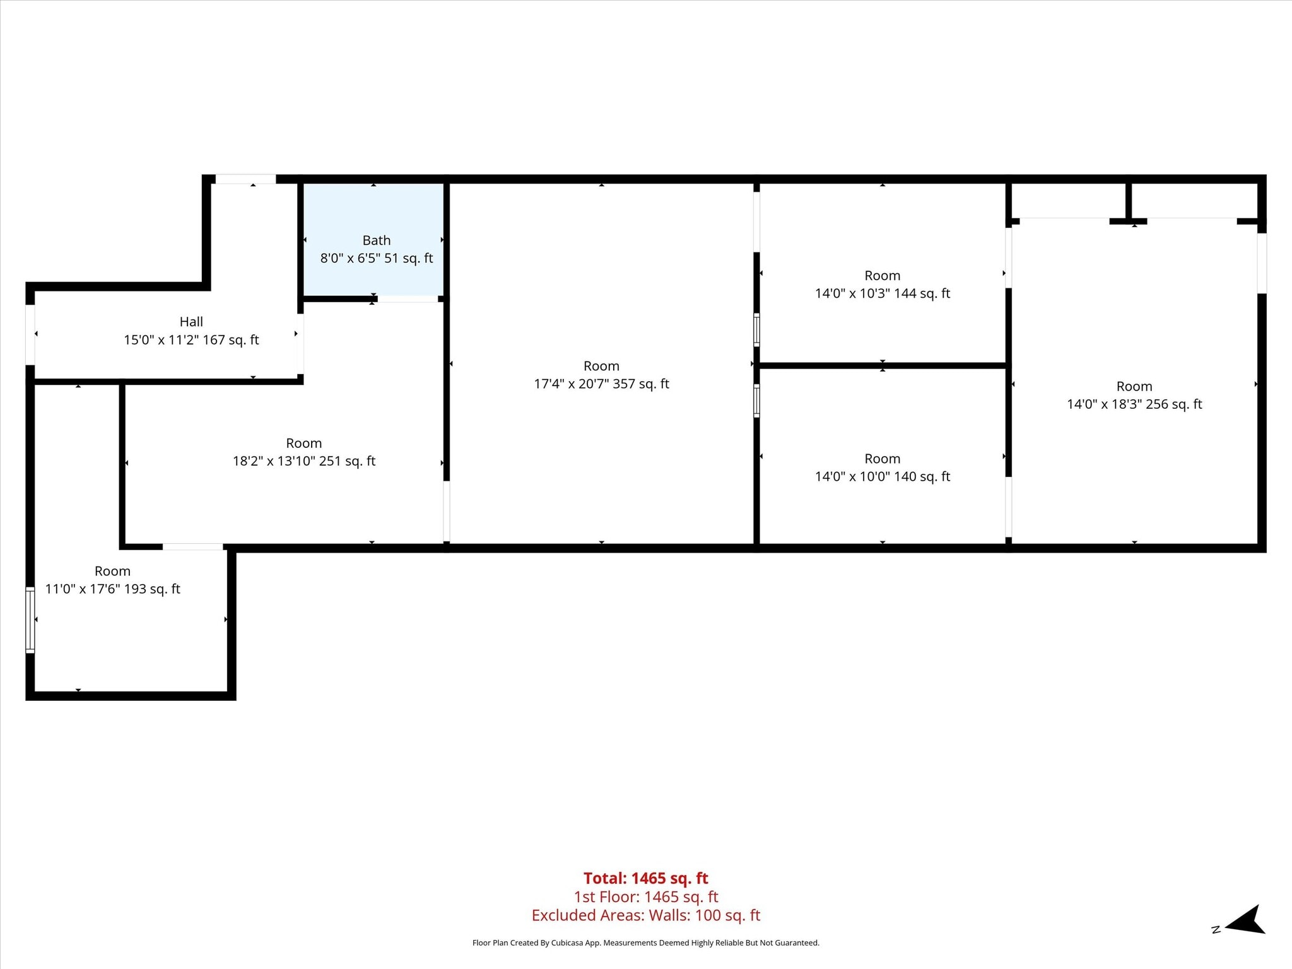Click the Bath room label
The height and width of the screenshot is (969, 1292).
click(x=377, y=240)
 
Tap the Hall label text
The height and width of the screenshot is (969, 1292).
click(x=191, y=322)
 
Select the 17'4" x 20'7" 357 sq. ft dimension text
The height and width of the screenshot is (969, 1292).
click(x=601, y=384)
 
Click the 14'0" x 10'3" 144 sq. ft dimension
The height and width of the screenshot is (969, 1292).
click(x=883, y=293)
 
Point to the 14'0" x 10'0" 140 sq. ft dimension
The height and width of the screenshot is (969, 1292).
click(x=883, y=476)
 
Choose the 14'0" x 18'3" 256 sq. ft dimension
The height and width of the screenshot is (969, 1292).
click(x=1134, y=404)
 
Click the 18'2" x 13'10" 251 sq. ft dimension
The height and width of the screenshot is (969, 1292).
click(x=304, y=461)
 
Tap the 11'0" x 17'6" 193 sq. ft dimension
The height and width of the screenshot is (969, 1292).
click(x=113, y=589)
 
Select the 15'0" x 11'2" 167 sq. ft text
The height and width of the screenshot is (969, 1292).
click(x=191, y=340)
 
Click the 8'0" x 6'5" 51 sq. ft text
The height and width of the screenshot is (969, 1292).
click(x=377, y=258)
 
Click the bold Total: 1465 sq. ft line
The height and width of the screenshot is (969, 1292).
click(x=646, y=878)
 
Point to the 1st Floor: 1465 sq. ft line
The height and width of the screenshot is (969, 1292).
click(x=646, y=896)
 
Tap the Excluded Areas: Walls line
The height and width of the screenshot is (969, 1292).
click(x=646, y=915)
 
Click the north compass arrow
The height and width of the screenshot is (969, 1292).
click(x=1245, y=938)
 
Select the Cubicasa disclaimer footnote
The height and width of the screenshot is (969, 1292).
click(x=646, y=943)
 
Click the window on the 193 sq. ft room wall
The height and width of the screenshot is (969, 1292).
click(x=30, y=620)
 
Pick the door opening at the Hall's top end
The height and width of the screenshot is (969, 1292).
click(x=246, y=179)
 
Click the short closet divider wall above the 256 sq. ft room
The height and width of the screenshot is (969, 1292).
click(x=1129, y=201)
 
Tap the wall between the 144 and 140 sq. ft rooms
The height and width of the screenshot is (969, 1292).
click(x=883, y=365)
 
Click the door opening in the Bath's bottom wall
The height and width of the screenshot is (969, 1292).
click(x=408, y=298)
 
